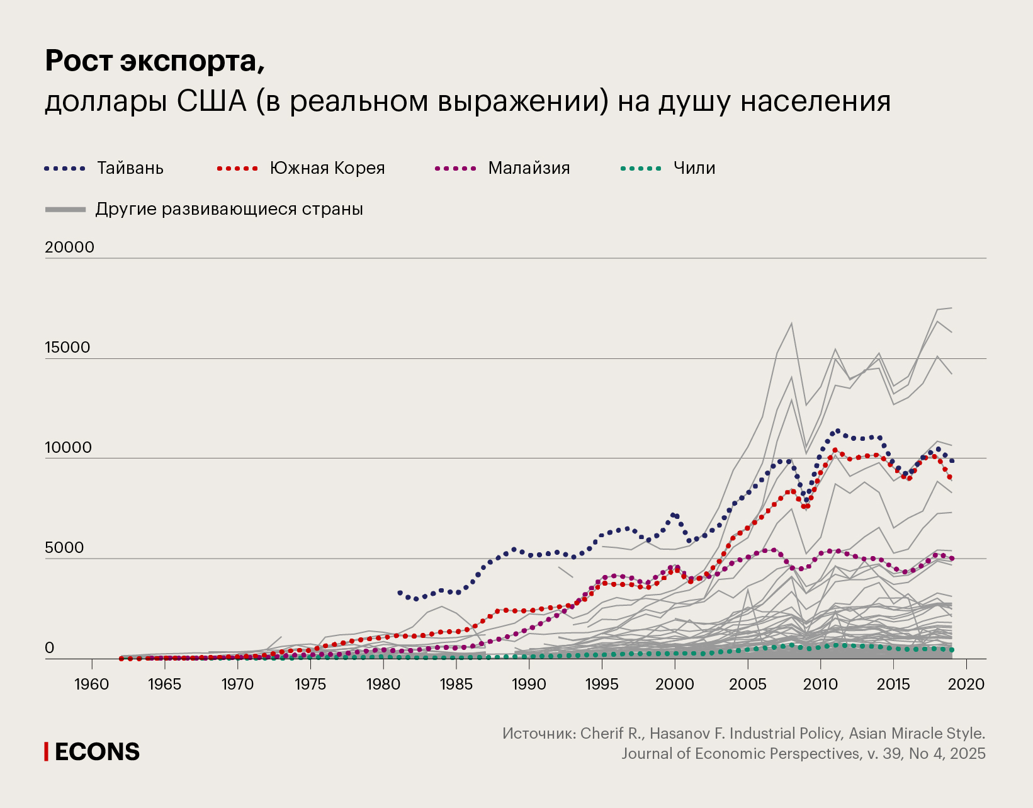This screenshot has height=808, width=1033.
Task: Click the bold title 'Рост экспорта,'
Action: coord(155,61)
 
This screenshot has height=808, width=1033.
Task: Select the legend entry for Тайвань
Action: coord(130,168)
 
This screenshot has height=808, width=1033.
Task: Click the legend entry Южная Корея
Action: coord(327,168)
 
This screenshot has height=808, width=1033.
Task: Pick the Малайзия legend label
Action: coord(529,168)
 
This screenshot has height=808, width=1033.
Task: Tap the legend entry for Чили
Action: coord(694,168)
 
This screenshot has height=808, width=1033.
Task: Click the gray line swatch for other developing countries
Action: coord(65,209)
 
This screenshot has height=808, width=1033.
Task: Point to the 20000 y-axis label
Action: coord(69,248)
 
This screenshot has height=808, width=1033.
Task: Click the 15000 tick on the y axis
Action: coord(67,348)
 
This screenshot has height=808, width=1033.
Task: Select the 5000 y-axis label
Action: coord(64,548)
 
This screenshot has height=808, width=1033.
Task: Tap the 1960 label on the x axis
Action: coord(92,685)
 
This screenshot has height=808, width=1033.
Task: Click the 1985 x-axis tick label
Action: coord(456,685)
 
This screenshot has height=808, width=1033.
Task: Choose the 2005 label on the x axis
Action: coord(747,685)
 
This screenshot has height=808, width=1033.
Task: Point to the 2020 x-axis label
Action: coord(966,685)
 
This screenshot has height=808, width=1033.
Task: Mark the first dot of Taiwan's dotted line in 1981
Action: coord(400,593)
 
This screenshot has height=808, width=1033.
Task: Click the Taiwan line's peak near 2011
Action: coord(837,431)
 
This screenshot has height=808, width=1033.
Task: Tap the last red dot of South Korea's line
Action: coord(950,477)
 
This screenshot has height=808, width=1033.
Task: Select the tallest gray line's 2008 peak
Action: coord(791,323)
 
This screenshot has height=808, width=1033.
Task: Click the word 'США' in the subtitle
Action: coord(212,101)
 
